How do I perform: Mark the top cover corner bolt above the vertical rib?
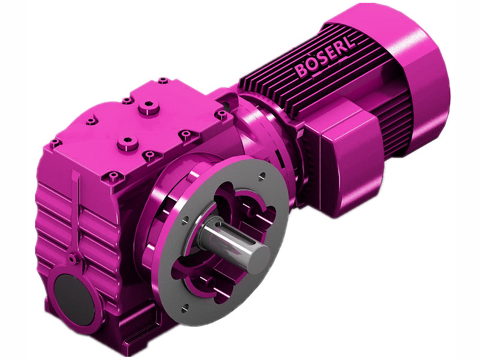pyautogui.click(x=55, y=142)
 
